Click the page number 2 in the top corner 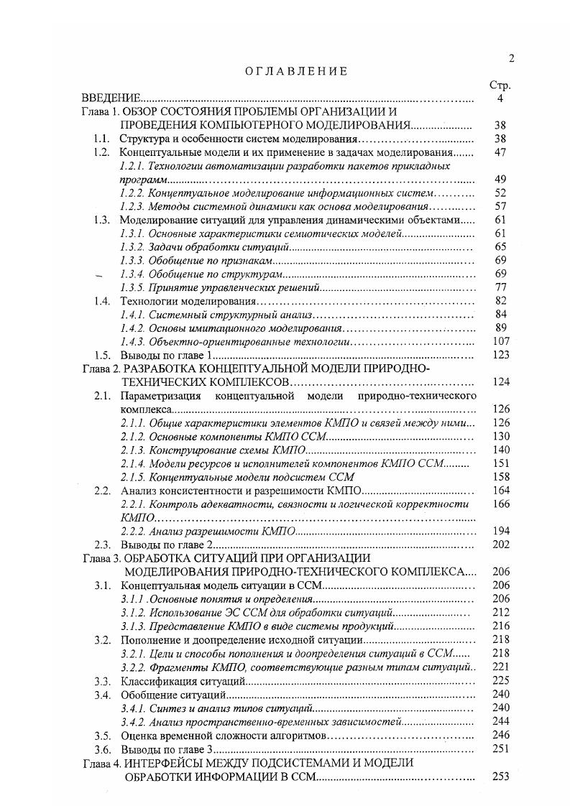(x=510, y=59)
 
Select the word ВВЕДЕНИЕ (x=110, y=98)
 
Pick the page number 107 (x=501, y=341)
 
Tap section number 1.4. (x=102, y=301)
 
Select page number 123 (x=501, y=355)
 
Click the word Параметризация (x=157, y=396)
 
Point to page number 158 (x=501, y=476)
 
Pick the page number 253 (x=501, y=776)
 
